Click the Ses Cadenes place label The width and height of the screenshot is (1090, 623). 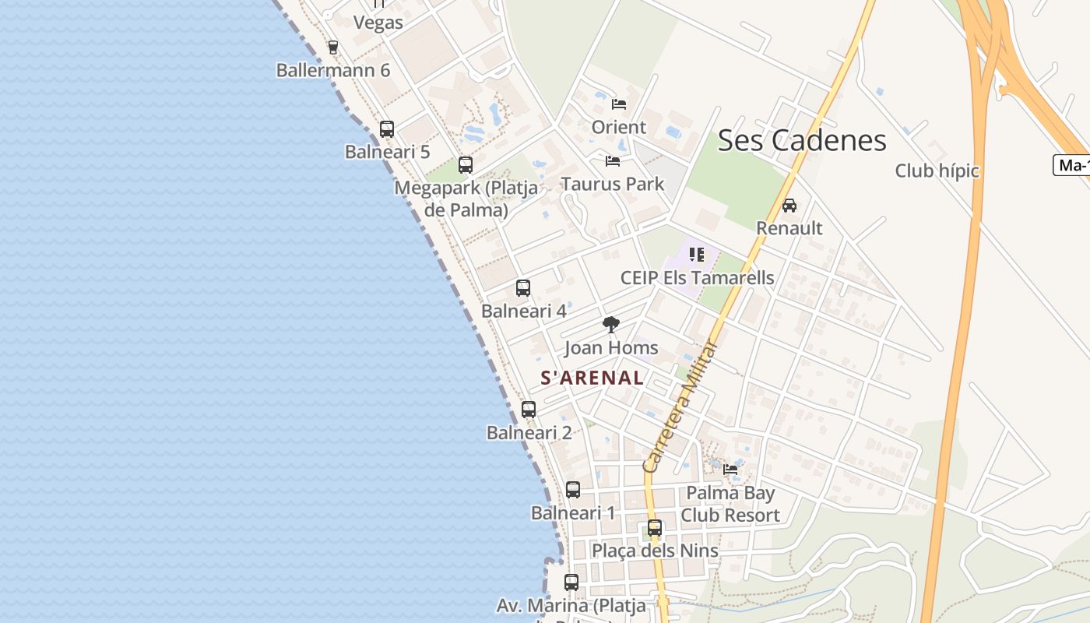801,140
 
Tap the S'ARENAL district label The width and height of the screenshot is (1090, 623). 592,378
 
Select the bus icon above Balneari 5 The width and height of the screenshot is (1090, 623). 387,129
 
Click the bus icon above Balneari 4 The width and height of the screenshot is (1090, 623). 523,288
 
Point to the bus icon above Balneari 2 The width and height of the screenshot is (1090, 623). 529,410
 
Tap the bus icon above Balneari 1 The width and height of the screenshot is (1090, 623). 573,490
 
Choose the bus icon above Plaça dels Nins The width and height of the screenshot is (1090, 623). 655,528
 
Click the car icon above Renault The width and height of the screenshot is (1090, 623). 789,206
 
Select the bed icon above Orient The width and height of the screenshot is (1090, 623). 619,104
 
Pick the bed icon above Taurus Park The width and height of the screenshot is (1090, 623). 613,161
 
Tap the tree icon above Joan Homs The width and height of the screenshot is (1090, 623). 611,324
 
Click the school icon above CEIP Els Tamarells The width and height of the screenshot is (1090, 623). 697,255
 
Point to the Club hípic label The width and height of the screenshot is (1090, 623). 937,171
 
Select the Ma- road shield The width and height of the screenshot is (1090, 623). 1073,165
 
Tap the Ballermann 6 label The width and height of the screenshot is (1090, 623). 333,70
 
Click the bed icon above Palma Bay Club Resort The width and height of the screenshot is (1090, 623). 730,470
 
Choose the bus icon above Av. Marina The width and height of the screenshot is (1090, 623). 571,583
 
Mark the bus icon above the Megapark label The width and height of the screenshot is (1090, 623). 466,165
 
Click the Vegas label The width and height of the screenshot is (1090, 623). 378,23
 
